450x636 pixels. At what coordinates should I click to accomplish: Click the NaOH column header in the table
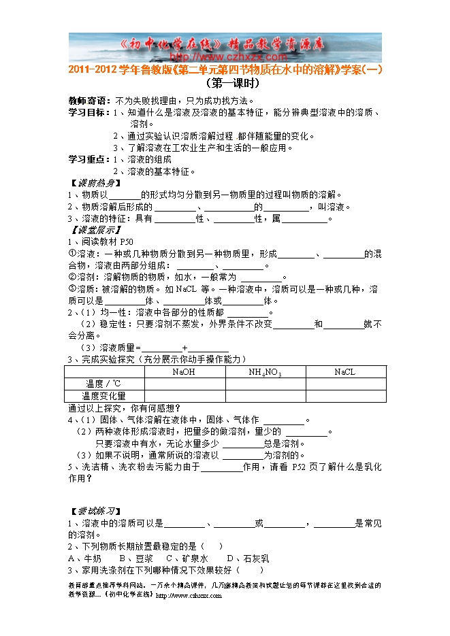(184, 372)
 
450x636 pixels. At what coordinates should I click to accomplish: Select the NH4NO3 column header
(265, 372)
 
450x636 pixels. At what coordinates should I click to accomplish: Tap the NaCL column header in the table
(344, 372)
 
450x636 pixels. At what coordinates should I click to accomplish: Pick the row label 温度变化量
(103, 395)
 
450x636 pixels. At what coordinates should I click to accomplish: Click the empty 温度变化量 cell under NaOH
(184, 395)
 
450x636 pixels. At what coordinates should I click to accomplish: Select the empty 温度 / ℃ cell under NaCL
(344, 384)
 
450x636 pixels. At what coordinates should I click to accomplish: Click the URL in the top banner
(225, 56)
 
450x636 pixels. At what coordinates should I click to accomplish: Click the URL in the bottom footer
(189, 595)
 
